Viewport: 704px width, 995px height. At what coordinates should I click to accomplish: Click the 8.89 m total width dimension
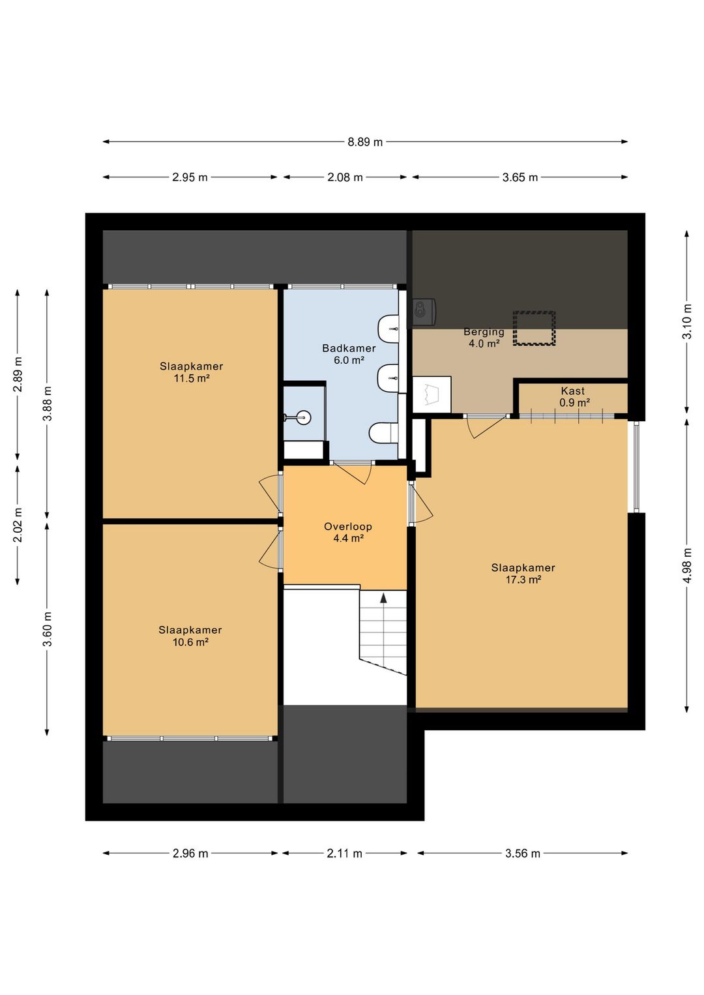(364, 142)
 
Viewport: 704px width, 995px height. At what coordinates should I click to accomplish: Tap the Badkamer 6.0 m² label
(349, 355)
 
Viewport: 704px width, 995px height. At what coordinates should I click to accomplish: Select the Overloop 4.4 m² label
(348, 533)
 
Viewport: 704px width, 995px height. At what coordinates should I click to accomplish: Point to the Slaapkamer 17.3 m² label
(523, 573)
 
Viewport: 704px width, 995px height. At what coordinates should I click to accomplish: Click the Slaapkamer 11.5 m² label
(192, 372)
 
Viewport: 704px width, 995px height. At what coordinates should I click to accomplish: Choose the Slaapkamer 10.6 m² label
(190, 636)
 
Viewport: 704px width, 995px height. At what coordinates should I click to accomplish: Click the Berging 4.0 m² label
(484, 337)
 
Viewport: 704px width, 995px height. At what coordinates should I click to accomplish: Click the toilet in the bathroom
(384, 433)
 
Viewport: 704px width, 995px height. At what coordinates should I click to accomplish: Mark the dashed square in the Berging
(535, 328)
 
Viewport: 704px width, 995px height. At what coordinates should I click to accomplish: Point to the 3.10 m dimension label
(686, 321)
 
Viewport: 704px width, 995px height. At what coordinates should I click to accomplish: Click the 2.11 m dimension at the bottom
(345, 854)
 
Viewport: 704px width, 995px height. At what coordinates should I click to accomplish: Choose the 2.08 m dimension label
(345, 177)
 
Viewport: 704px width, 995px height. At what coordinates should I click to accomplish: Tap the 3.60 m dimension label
(47, 629)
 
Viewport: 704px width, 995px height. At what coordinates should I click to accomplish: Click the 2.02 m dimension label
(18, 525)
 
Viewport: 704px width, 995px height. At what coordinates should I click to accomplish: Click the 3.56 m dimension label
(522, 854)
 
